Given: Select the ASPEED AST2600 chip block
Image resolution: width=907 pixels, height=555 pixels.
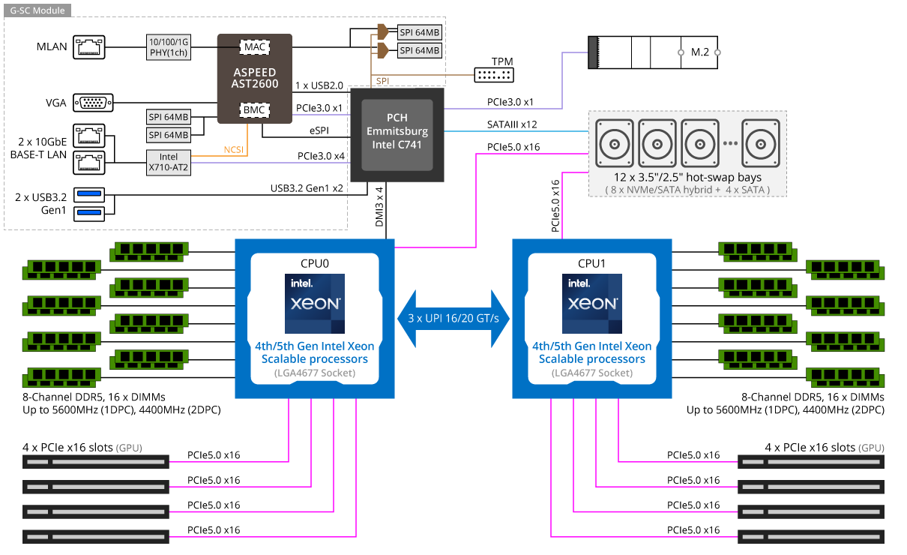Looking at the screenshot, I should [x=254, y=78].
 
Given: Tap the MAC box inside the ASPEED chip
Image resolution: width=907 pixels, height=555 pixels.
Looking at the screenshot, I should [x=254, y=47].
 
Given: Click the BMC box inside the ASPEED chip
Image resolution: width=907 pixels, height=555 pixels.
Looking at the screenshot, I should [x=254, y=111].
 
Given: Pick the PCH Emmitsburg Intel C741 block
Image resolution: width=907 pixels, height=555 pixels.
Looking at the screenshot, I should [x=397, y=132].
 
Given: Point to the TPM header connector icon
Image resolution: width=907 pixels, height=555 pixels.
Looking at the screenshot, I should [x=493, y=75].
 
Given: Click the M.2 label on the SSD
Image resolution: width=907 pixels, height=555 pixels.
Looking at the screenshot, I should [x=699, y=52].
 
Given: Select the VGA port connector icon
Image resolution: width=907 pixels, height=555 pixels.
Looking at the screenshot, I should [x=96, y=103].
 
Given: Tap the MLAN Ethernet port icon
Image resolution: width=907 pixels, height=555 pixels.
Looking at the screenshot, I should [x=91, y=46].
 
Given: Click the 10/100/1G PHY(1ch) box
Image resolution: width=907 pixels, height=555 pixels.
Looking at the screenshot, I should [x=168, y=46].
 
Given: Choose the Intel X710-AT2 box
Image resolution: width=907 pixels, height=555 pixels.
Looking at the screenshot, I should [x=168, y=162].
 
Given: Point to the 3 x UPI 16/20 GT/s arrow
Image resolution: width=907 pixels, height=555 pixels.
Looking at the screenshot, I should [x=453, y=319].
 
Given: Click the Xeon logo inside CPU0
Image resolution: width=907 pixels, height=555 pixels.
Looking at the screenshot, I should [x=314, y=304].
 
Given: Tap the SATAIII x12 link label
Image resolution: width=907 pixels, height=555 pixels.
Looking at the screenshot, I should [x=512, y=124].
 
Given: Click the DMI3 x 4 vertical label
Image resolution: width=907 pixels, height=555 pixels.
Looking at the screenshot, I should [x=379, y=207].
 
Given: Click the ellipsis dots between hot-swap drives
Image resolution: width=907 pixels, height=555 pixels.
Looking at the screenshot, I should [x=732, y=143].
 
